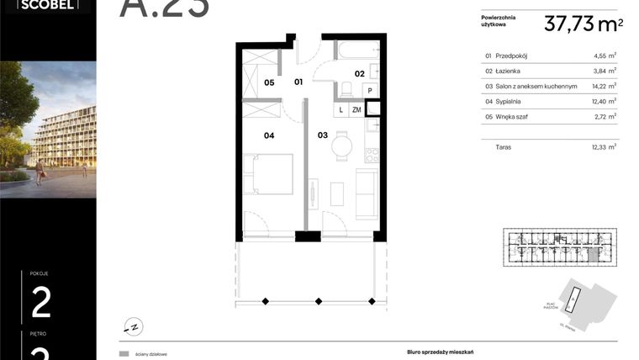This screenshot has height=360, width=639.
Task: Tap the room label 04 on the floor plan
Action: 270,135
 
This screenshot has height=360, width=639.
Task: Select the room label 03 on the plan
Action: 322,135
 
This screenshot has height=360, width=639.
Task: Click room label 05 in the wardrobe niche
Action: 270,82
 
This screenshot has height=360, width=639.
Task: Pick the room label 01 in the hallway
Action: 298,82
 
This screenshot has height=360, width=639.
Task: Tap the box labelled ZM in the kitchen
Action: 356,109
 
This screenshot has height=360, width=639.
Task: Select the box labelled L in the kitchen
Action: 341,109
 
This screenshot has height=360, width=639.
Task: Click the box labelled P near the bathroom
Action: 370,90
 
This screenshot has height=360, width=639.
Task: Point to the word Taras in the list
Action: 504,146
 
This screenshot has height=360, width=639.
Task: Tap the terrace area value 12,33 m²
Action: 600,146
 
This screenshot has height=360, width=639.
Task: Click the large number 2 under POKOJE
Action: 41,302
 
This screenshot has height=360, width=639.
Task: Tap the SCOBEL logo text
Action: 43,4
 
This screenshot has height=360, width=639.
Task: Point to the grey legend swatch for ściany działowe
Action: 124,354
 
